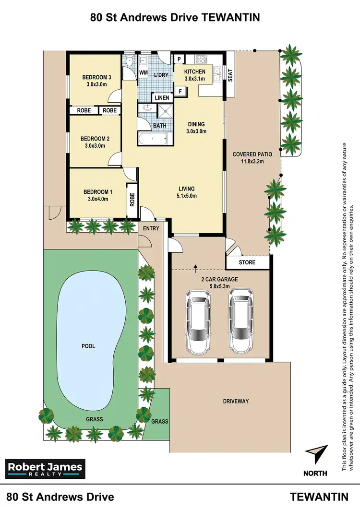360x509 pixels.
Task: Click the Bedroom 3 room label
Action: pyautogui.click(x=96, y=77)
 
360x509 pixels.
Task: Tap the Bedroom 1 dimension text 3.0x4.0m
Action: pyautogui.click(x=97, y=199)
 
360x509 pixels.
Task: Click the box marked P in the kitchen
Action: pyautogui.click(x=179, y=59)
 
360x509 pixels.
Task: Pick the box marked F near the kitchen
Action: pyautogui.click(x=181, y=91)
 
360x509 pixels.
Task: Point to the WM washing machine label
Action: pyautogui.click(x=143, y=73)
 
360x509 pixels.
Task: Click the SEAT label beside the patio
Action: pyautogui.click(x=230, y=75)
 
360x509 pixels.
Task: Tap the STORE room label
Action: pyautogui.click(x=247, y=262)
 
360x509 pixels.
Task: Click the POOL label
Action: pyautogui.click(x=88, y=346)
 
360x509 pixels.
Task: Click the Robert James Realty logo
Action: pyautogui.click(x=45, y=469)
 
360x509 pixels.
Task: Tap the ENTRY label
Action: pyautogui.click(x=151, y=228)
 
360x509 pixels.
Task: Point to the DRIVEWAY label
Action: pyautogui.click(x=235, y=401)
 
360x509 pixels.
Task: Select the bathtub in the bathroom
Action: pyautogui.click(x=153, y=139)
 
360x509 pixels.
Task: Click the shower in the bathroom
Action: pyautogui.click(x=165, y=111)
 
